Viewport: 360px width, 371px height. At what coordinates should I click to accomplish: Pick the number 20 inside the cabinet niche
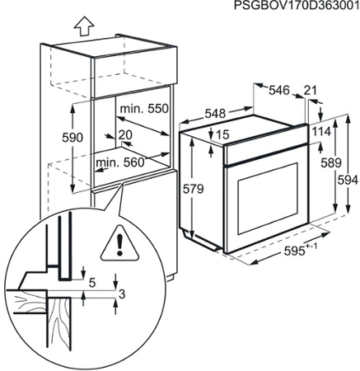tap(125, 134)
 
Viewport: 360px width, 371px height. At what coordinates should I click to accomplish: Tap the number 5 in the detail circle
tap(92, 283)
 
